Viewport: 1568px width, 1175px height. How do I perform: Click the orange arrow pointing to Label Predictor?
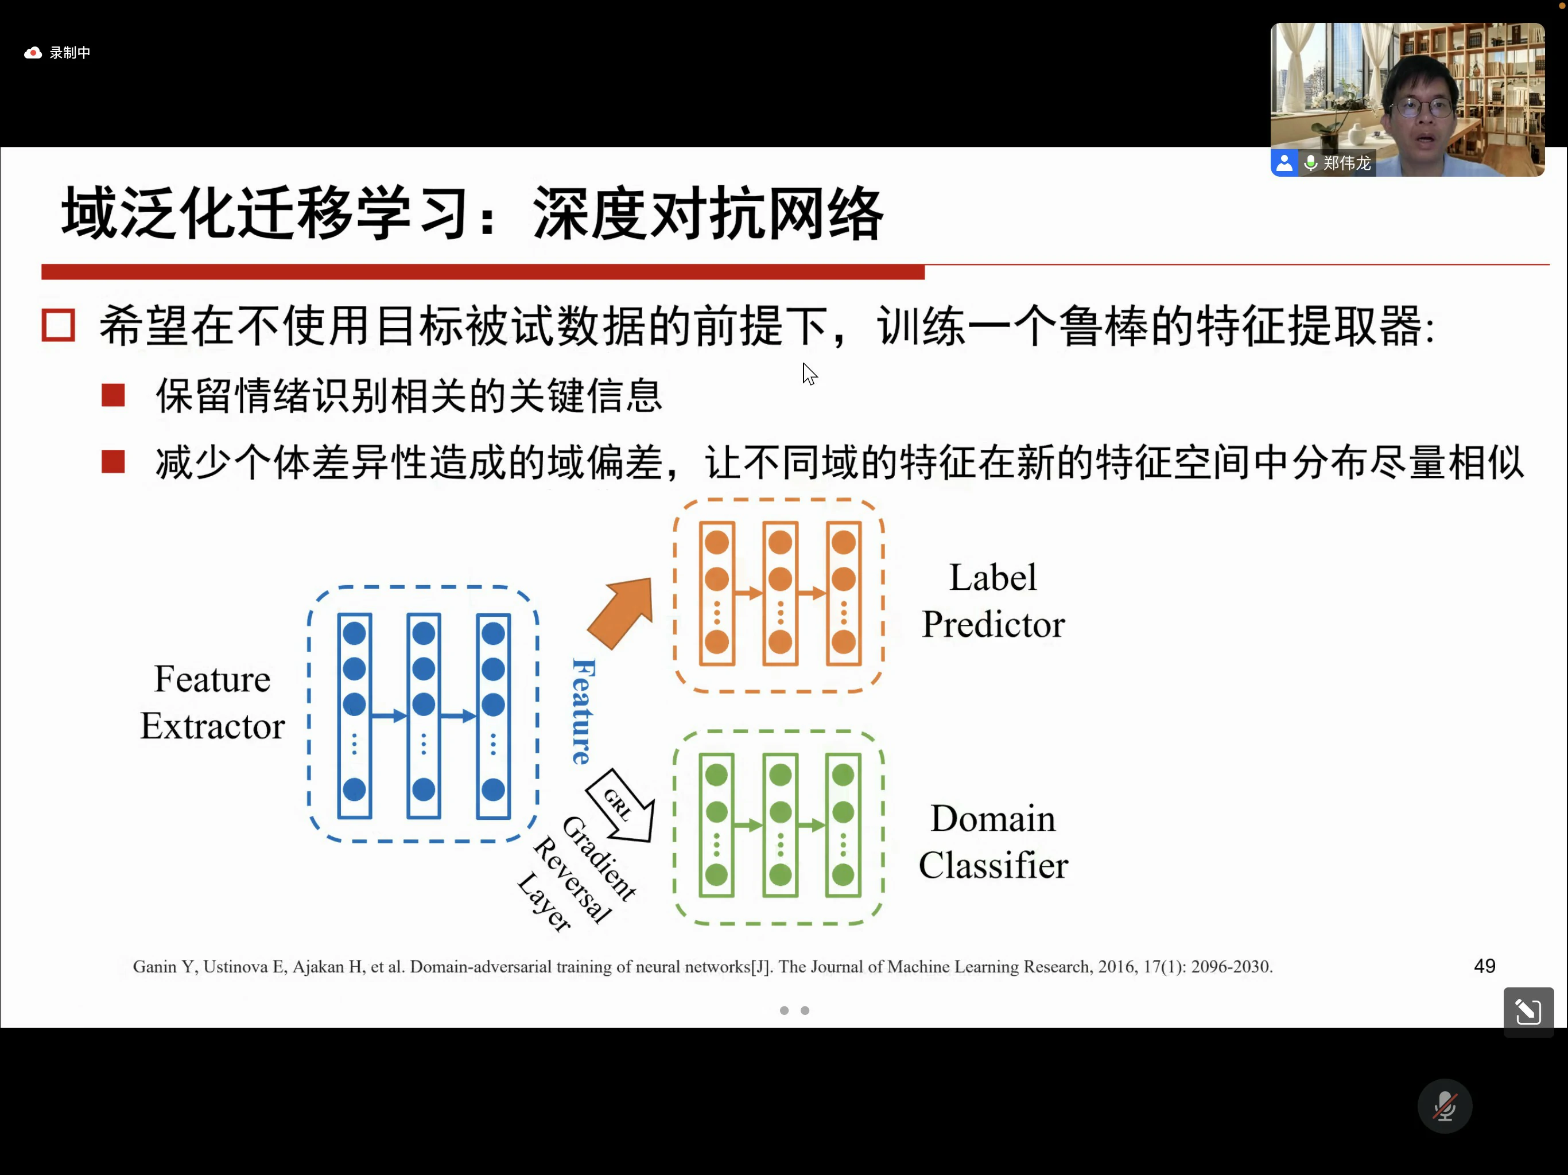(622, 612)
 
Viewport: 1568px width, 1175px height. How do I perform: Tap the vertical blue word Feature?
(583, 711)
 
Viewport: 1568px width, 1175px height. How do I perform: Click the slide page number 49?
(1484, 966)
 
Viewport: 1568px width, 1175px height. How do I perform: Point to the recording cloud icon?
(33, 52)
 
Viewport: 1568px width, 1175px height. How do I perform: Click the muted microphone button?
(1444, 1106)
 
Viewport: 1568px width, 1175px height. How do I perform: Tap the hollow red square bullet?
(58, 325)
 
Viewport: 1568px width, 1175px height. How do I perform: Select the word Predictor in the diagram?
(992, 625)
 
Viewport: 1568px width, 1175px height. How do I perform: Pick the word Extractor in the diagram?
(213, 726)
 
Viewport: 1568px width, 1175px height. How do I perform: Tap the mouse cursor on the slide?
(808, 373)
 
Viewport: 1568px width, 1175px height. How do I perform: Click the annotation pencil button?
(1528, 1011)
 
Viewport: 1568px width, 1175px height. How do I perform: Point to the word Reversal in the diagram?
(572, 880)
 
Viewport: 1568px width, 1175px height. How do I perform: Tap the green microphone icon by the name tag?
(1311, 163)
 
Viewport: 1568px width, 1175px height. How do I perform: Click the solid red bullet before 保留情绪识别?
(114, 395)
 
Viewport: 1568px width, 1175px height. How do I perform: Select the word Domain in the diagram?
(992, 819)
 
